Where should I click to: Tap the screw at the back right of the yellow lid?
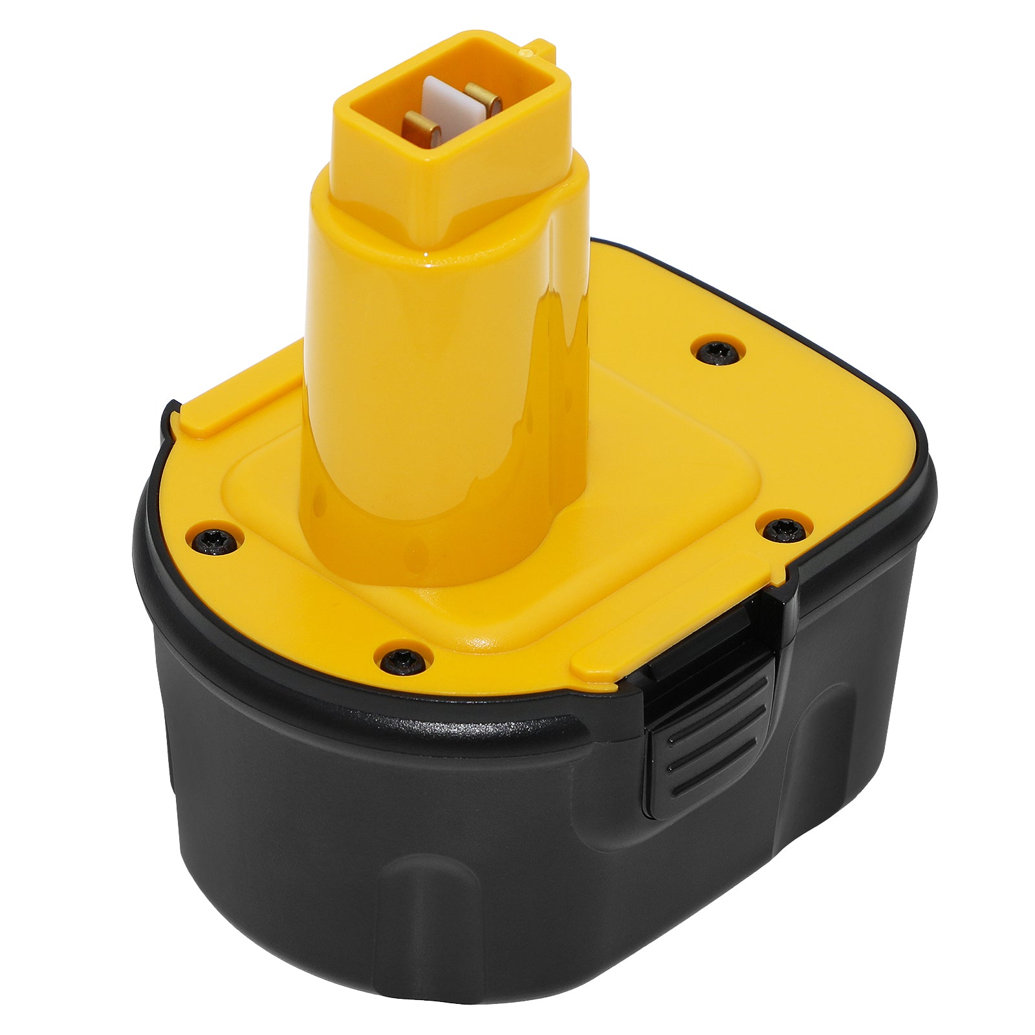click(717, 351)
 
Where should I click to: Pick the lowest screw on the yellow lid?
click(403, 659)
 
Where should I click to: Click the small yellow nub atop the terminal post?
click(540, 47)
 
